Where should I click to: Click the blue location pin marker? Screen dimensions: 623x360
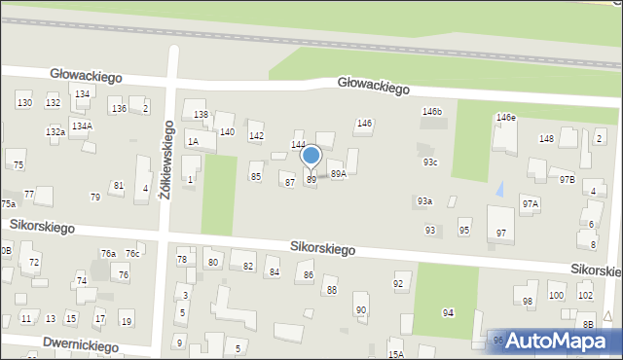pos(311,157)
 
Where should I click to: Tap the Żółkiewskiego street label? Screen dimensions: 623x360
pos(167,159)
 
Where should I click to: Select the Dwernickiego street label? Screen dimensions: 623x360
pos(80,345)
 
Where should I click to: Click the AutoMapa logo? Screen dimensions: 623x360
pos(557,341)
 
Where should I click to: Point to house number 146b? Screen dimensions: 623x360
pos(431,112)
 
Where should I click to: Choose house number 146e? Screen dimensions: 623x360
pos(505,118)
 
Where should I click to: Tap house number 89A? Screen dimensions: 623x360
pos(338,174)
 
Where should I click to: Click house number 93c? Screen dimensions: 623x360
pos(429,162)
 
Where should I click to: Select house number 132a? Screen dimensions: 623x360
pos(55,131)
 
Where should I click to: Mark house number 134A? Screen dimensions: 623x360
pos(82,126)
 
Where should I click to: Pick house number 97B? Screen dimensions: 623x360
pos(567,180)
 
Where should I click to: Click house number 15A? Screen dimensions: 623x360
pos(395,354)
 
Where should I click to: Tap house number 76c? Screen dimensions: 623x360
pos(132,254)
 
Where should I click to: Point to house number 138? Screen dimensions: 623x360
pos(201,115)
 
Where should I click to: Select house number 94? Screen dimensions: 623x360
pos(448,312)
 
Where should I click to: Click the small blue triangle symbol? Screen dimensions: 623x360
pos(500,188)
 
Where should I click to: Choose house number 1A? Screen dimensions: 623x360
pos(193,142)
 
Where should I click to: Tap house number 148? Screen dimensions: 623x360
pos(546,139)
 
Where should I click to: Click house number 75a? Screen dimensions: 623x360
pos(8,203)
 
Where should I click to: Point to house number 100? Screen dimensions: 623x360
pos(556,295)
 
